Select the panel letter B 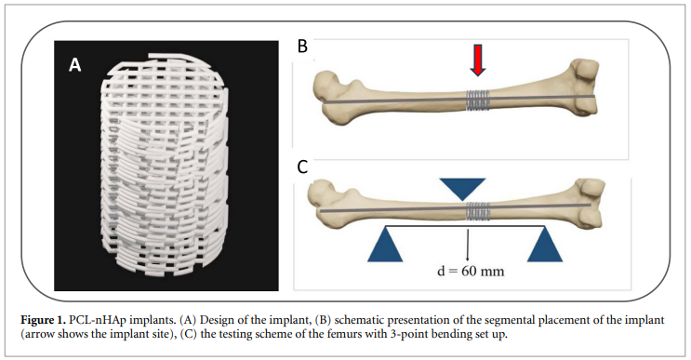point(302,47)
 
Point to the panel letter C point(302,169)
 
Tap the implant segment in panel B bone point(478,98)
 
